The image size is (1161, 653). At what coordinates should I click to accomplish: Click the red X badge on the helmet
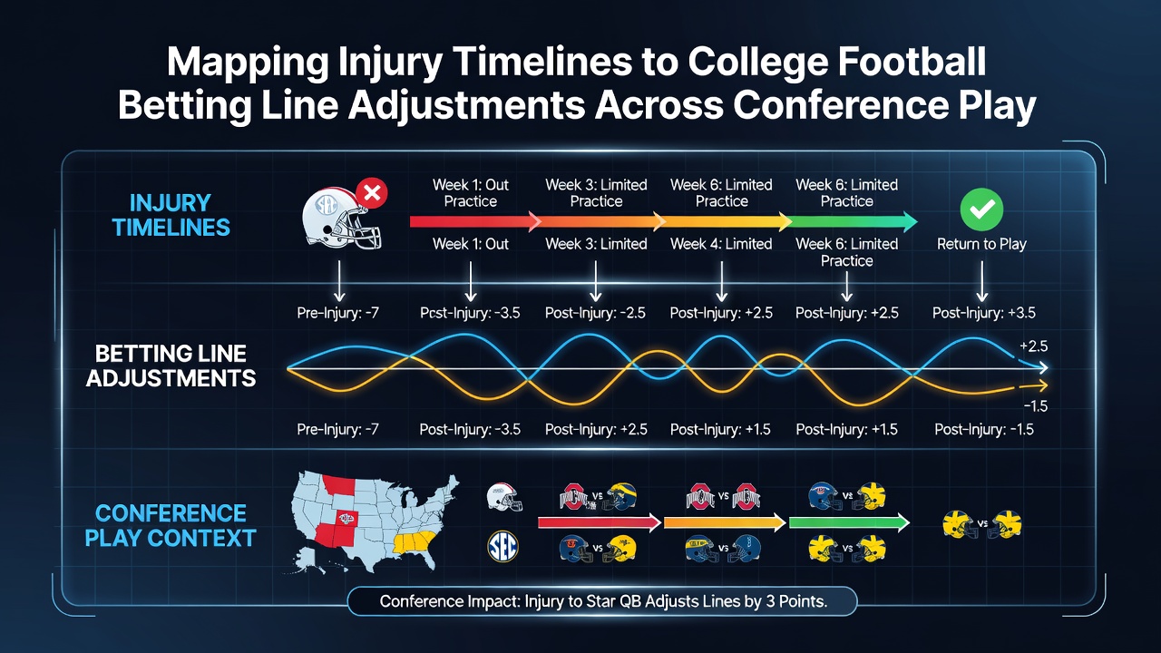(x=372, y=193)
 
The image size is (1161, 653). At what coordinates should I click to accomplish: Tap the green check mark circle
(x=981, y=209)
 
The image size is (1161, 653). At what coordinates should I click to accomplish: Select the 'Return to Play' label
(x=981, y=244)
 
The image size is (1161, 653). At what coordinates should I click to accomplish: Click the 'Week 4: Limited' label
(x=721, y=244)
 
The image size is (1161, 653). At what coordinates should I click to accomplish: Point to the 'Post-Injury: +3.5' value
(x=984, y=313)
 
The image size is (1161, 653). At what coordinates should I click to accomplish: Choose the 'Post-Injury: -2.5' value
(x=595, y=313)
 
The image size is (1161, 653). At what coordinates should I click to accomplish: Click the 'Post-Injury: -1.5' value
(x=984, y=430)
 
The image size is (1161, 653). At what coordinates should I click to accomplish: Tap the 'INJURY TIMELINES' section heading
(x=171, y=215)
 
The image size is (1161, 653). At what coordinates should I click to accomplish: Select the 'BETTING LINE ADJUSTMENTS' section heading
(x=171, y=365)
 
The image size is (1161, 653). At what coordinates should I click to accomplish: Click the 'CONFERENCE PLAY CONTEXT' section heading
(x=171, y=525)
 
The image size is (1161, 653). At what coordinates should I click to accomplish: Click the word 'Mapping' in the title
(x=248, y=63)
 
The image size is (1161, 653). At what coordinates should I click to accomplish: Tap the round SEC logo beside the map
(x=502, y=547)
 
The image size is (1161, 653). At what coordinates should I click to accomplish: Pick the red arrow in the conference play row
(x=600, y=522)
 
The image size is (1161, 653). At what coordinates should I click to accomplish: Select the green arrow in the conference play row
(x=849, y=522)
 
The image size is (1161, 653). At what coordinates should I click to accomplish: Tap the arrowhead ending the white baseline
(x=1043, y=368)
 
